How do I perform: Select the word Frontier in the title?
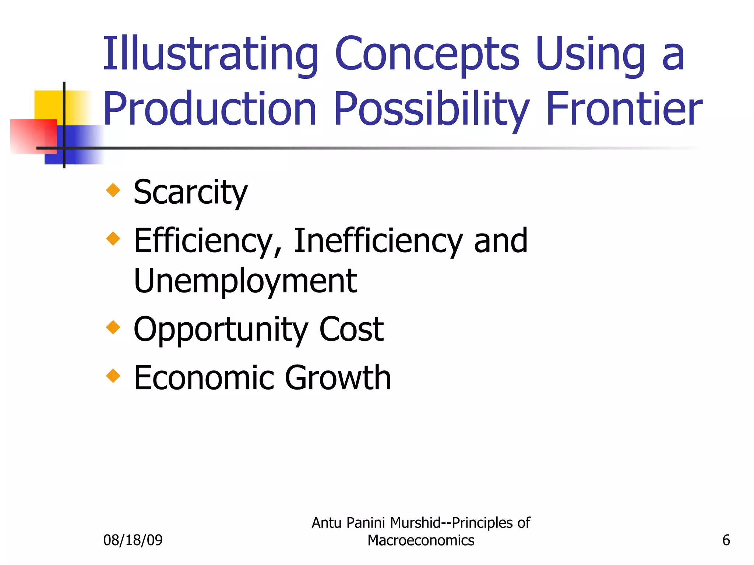[624, 109]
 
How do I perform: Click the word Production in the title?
[210, 109]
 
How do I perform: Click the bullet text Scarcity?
[190, 192]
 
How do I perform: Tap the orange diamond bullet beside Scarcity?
[113, 190]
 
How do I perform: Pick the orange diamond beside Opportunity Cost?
[113, 327]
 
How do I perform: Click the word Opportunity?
[220, 329]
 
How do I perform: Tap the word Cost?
[351, 329]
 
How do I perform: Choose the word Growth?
[338, 378]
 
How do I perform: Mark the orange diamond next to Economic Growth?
[113, 376]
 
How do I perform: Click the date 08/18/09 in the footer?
[133, 540]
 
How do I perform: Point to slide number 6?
[726, 540]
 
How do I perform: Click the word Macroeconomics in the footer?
[421, 540]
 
